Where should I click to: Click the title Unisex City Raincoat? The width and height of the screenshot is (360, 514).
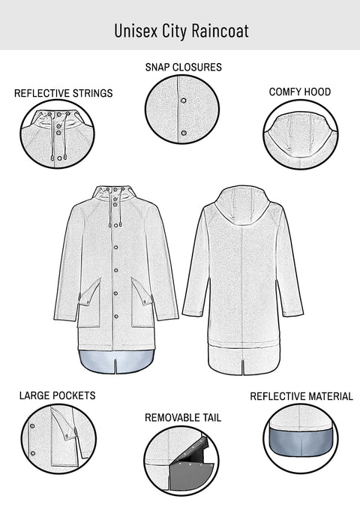tap(181, 30)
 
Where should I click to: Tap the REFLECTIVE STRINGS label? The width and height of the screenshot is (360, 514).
tap(64, 94)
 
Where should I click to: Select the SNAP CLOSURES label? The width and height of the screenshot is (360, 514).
tap(183, 68)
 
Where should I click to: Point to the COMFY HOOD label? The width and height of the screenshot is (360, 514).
tap(300, 92)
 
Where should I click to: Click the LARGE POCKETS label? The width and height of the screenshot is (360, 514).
tap(58, 395)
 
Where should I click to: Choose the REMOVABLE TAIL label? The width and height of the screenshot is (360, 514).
tap(183, 416)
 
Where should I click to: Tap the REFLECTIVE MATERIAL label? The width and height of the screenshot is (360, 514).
tap(301, 396)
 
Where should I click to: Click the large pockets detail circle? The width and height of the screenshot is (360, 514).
tap(58, 440)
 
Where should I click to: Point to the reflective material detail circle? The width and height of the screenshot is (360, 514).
tap(301, 440)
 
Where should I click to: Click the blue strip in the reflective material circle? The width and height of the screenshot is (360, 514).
tap(301, 443)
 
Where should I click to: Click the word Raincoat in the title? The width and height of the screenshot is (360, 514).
tap(220, 30)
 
